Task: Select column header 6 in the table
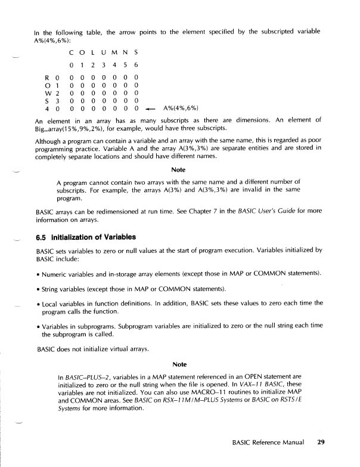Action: tap(136, 64)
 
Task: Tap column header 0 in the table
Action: tap(72, 64)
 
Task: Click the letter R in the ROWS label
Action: tap(47, 77)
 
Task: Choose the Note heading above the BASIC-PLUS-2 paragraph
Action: tap(179, 364)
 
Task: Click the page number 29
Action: tap(321, 443)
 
